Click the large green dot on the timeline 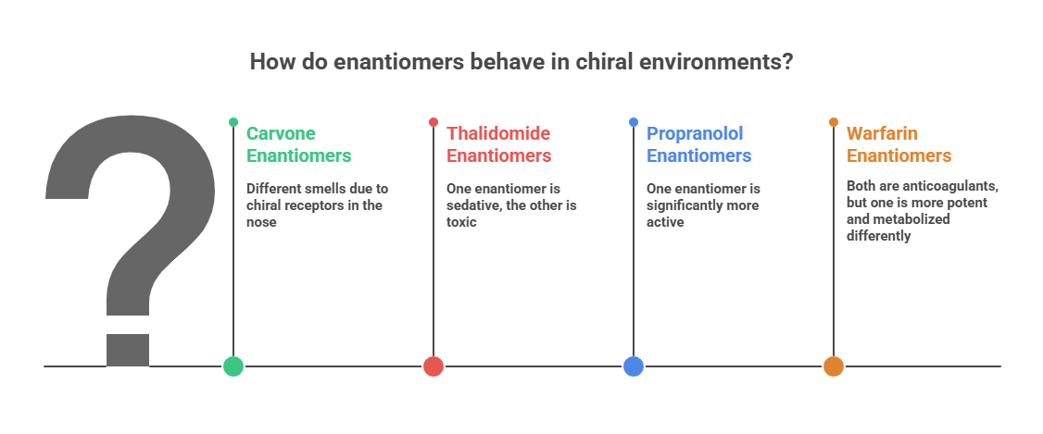tap(232, 366)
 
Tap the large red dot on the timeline tap(433, 366)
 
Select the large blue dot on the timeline tap(634, 366)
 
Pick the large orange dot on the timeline tap(834, 366)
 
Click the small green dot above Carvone tap(232, 122)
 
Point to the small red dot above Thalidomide tap(433, 122)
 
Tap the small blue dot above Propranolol tap(634, 122)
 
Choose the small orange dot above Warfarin tap(834, 122)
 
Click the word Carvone tap(281, 133)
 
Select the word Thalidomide tap(498, 133)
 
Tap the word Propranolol tap(695, 134)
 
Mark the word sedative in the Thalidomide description tap(473, 205)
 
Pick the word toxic tap(461, 222)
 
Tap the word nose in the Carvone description tap(261, 222)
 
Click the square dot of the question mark tap(128, 351)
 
